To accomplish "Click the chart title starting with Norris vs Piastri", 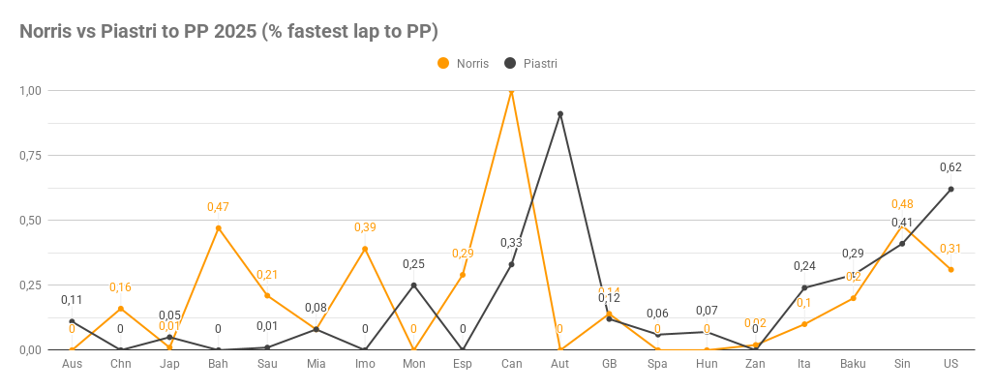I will tap(229, 31).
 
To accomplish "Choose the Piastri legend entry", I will tap(531, 63).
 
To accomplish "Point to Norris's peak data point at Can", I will tap(511, 91).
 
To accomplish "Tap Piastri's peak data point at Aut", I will tap(560, 114).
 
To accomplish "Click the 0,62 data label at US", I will tap(950, 167).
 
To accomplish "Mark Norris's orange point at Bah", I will tap(219, 228).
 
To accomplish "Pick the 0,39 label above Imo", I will tap(365, 227).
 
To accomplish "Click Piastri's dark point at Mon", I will tap(414, 285).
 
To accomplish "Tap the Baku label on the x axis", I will tap(853, 364).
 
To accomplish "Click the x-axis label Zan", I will tap(755, 364).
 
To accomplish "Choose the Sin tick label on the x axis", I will tap(902, 364).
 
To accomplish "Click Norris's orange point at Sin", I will tap(902, 225).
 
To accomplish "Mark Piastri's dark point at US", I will tap(950, 190).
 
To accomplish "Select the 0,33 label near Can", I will tap(511, 243).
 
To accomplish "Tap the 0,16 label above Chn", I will tap(121, 287).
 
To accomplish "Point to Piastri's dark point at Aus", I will tap(73, 321).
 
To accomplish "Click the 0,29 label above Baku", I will tap(853, 254).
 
